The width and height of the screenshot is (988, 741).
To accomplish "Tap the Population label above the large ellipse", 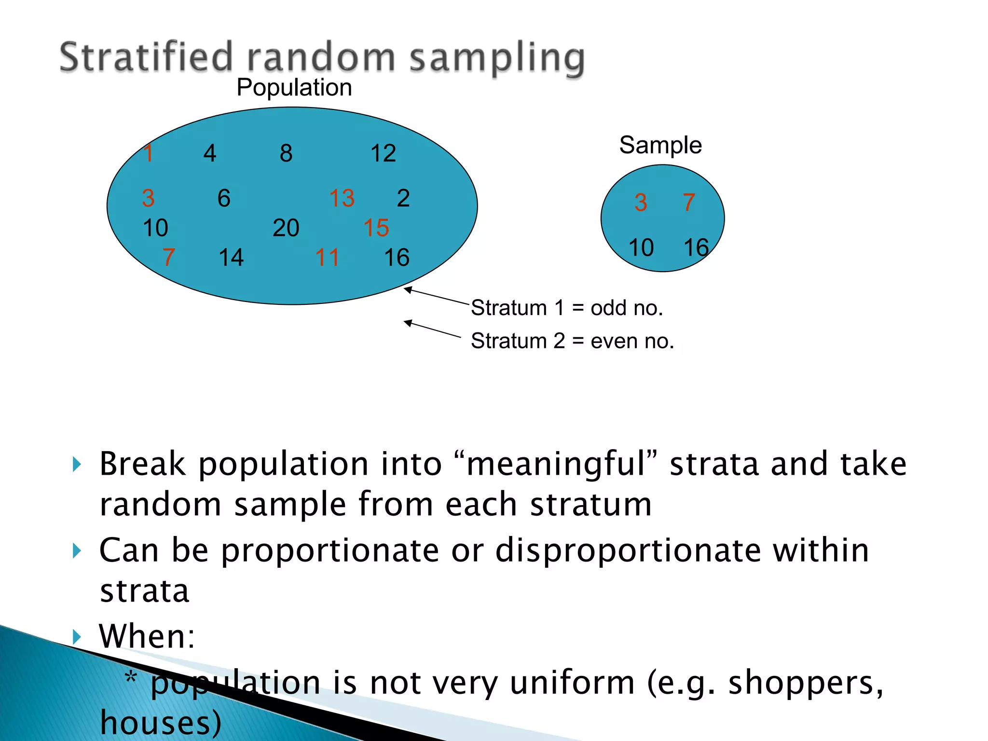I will click(294, 88).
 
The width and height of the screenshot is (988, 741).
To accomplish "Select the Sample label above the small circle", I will click(660, 145).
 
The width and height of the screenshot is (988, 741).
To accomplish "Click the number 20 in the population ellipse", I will click(286, 228).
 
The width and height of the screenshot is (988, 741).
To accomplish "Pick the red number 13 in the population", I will click(342, 198).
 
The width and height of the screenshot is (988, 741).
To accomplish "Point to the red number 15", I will click(376, 228).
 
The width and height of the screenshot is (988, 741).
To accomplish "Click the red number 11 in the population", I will click(327, 258).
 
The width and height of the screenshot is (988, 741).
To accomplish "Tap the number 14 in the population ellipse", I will click(231, 258).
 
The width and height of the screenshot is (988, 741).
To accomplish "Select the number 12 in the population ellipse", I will click(383, 153).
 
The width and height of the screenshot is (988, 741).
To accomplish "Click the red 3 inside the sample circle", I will click(640, 203).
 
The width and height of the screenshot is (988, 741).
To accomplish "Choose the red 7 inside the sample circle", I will click(689, 203).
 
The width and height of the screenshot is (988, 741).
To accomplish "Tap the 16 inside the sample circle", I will click(696, 248).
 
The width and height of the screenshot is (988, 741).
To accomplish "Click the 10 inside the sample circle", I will click(641, 248).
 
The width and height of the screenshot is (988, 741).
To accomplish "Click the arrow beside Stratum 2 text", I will click(432, 329).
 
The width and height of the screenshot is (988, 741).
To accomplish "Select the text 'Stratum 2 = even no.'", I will click(572, 341).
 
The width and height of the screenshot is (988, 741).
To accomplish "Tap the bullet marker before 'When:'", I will click(77, 636).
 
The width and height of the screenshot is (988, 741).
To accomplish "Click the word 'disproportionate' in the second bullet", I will click(628, 550).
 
